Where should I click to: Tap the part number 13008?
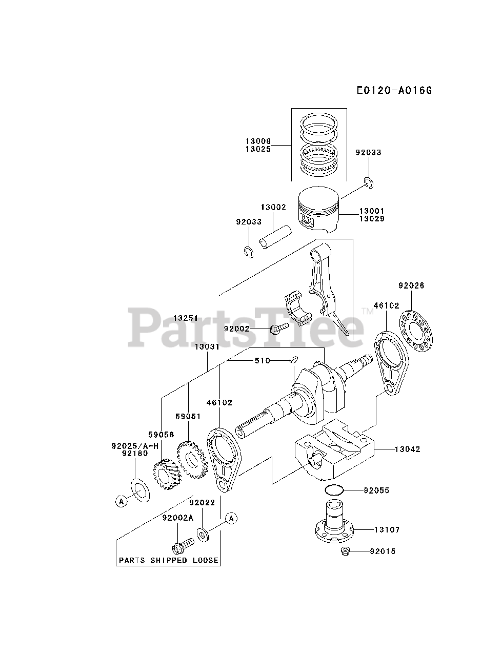pyautogui.click(x=258, y=141)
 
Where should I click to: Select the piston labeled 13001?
pyautogui.click(x=318, y=211)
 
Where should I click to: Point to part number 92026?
pyautogui.click(x=411, y=285)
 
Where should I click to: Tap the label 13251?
pyautogui.click(x=186, y=318)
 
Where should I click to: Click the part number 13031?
pyautogui.click(x=207, y=347)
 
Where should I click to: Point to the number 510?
pyautogui.click(x=263, y=361)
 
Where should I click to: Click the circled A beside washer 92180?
pyautogui.click(x=121, y=502)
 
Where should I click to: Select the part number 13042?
pyautogui.click(x=407, y=449)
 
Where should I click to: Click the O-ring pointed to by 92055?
pyautogui.click(x=334, y=490)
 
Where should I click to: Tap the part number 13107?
pyautogui.click(x=387, y=529)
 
